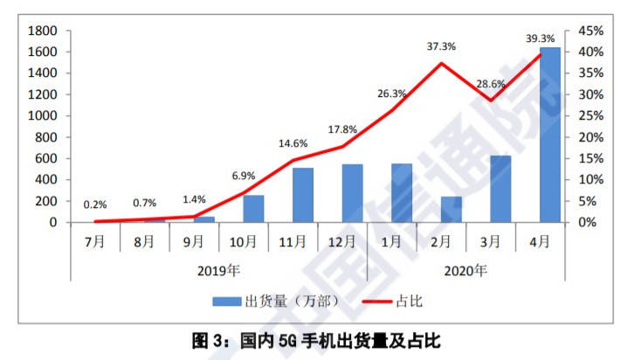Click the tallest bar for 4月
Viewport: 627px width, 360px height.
[550, 135]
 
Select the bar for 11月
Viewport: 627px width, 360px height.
[303, 195]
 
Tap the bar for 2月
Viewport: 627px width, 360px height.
[451, 210]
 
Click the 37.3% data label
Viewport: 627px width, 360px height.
[441, 45]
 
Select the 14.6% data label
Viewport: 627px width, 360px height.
[293, 119]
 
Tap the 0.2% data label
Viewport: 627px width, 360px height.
[95, 204]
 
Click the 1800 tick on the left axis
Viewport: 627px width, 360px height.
[43, 31]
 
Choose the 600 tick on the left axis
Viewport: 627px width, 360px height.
[46, 158]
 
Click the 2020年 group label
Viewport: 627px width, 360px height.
[466, 270]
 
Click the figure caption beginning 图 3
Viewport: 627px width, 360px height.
[313, 338]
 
